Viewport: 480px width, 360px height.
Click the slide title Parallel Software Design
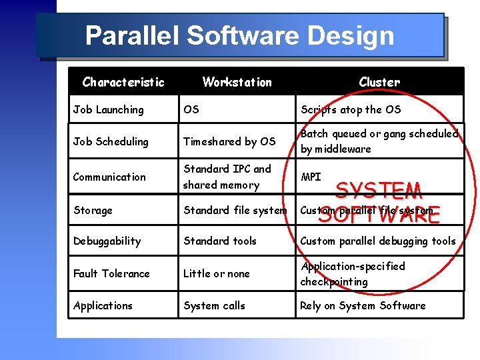pos(240,35)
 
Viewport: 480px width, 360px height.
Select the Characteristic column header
pos(123,82)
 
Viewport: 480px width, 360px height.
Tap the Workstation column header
pos(237,82)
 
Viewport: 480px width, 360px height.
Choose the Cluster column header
pos(379,82)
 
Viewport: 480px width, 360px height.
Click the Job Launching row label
pos(108,109)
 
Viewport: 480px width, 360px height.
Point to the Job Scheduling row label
pos(111,141)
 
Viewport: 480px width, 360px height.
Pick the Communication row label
pos(109,177)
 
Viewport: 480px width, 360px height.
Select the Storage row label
pos(93,210)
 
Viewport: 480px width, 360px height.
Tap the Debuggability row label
pos(107,241)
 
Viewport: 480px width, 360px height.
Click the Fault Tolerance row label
pos(111,273)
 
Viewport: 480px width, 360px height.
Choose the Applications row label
pos(103,305)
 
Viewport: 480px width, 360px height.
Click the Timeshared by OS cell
pos(229,141)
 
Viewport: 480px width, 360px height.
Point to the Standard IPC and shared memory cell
pos(227,177)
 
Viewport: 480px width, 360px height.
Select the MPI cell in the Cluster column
pos(311,177)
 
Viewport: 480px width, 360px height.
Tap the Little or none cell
pos(217,273)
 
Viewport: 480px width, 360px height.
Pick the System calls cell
pos(214,305)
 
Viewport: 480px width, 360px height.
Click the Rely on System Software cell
pos(363,305)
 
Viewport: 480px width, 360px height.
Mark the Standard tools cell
pos(220,241)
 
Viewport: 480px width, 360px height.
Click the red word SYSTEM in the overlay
pos(379,192)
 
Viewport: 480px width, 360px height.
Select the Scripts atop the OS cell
pos(351,109)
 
